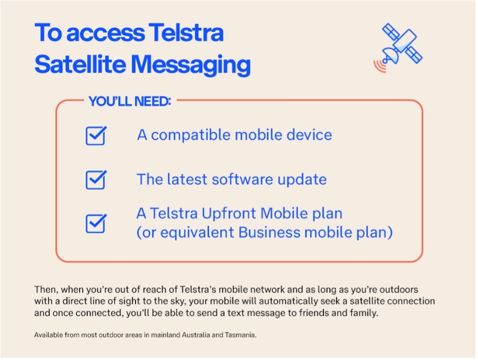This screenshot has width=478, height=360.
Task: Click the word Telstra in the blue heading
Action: pos(186,32)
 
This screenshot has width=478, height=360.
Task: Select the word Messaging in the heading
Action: pos(191,64)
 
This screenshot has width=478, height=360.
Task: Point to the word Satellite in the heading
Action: pos(80,64)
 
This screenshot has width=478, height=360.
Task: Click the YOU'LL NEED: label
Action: pos(130,101)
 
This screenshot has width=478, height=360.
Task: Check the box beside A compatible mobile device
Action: pos(96,135)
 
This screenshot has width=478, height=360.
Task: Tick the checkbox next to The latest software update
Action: pos(96,180)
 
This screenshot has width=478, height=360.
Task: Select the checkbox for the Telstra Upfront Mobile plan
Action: pos(96,224)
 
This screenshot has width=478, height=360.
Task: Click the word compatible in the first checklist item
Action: pos(191,135)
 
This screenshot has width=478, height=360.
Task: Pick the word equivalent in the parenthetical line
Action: pos(198,233)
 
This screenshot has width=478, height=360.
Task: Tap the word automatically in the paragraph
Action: pos(290,301)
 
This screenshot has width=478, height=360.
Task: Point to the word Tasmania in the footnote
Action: pos(241,335)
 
